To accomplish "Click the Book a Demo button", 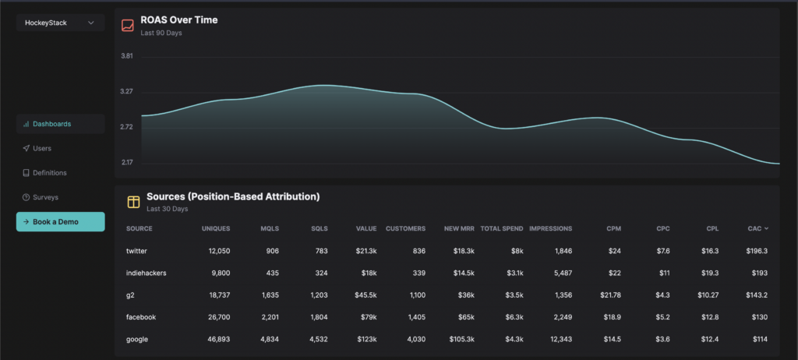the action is [61, 222].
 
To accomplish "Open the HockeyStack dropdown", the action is [61, 23].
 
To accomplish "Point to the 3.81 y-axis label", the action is [127, 56].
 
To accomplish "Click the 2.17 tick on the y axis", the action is [127, 162].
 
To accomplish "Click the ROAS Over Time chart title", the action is [179, 20].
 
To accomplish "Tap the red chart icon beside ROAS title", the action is [128, 25].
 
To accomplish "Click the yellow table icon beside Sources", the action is [133, 202].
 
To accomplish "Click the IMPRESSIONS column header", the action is [551, 228].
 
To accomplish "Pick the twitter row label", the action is [136, 251].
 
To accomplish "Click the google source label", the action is [137, 339].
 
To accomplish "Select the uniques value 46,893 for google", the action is [218, 339].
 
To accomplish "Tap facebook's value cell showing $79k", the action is [369, 317].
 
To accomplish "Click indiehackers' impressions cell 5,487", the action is [563, 273].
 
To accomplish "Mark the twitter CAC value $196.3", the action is [757, 251].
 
